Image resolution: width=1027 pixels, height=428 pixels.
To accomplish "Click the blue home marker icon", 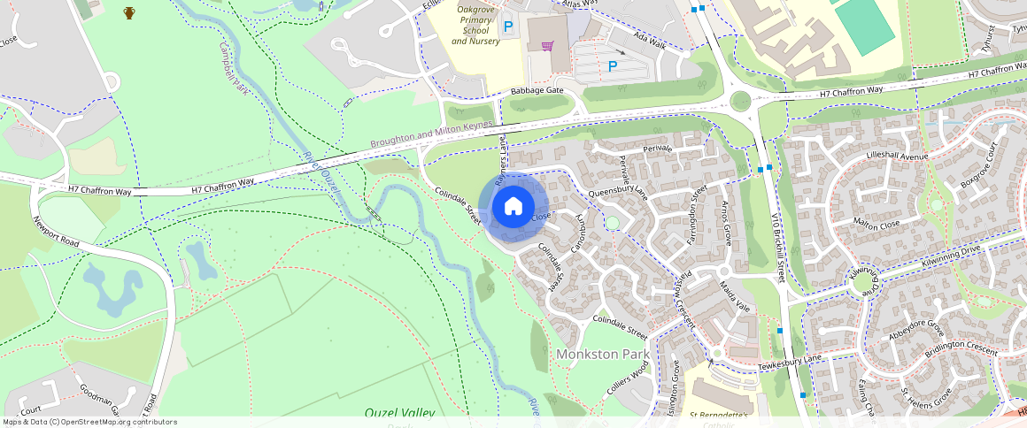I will point(513,207).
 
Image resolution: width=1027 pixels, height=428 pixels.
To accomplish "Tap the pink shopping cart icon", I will point(547,45).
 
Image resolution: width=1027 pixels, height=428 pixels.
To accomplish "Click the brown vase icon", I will point(129,12).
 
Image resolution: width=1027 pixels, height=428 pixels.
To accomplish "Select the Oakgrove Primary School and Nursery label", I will point(475,25).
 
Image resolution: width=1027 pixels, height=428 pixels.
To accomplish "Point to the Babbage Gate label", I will point(537,91).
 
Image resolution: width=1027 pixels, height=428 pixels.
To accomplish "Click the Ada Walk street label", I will point(650,41).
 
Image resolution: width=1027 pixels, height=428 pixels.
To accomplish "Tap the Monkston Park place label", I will point(603,354).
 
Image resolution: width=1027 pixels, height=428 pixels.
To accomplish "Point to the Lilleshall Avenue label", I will point(896,157).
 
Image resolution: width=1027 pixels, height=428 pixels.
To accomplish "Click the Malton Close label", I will point(876,225).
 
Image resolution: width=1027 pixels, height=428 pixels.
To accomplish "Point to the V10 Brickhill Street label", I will point(777,246).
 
